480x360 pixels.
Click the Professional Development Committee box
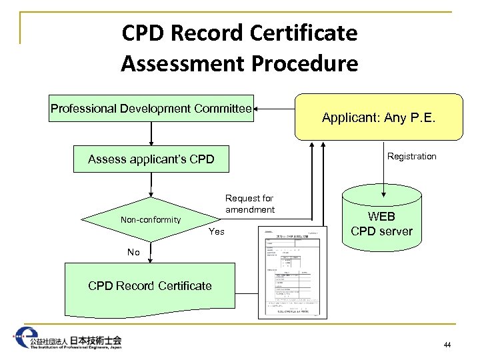[x=151, y=109]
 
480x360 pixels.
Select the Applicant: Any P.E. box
[x=378, y=117]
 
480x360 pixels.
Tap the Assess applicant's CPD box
[x=151, y=159]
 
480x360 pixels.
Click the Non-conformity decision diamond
[x=151, y=220]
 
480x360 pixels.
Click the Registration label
[x=412, y=156]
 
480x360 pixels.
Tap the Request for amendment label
[x=250, y=204]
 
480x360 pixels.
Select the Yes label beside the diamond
[x=216, y=232]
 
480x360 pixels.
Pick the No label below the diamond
[x=134, y=252]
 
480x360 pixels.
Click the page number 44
[x=447, y=345]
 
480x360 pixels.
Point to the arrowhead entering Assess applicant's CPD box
[x=151, y=143]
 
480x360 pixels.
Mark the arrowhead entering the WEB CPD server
[x=382, y=186]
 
